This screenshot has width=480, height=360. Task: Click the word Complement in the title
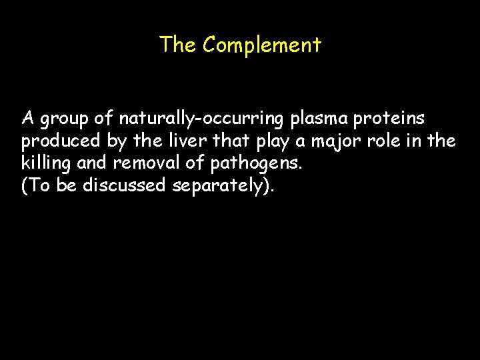(x=262, y=45)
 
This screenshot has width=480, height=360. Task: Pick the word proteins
(x=393, y=119)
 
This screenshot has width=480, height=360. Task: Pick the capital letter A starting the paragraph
(x=27, y=119)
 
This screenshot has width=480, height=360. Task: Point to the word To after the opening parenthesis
(x=39, y=186)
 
